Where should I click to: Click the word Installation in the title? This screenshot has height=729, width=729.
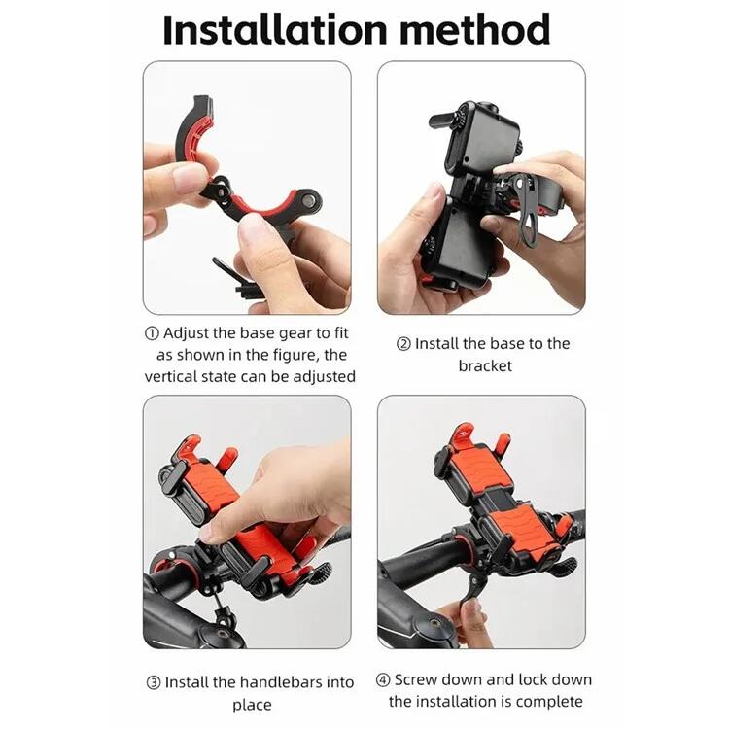(x=275, y=30)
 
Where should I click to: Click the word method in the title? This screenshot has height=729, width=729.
(x=474, y=30)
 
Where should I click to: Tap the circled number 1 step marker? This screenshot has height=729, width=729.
(x=152, y=333)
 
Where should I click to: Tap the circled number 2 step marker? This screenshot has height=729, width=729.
(x=403, y=344)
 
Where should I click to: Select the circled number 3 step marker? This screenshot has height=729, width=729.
(x=154, y=683)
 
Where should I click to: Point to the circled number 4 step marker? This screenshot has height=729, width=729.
(x=383, y=680)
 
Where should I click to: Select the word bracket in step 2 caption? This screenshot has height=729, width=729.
(x=485, y=365)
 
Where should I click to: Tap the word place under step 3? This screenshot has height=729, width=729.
(x=252, y=706)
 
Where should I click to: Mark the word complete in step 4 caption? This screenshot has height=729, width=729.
(x=551, y=701)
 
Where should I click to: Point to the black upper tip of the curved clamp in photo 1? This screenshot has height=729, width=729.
(x=204, y=105)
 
